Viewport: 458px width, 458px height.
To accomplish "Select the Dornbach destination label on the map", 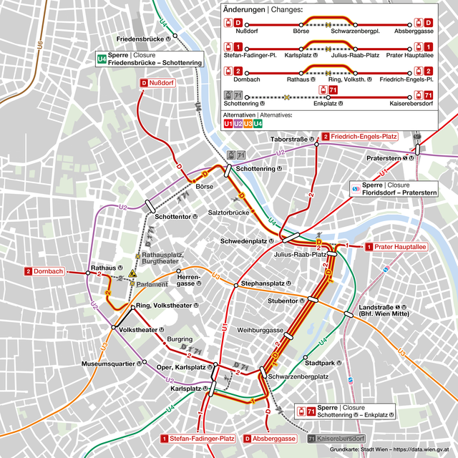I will (44, 272).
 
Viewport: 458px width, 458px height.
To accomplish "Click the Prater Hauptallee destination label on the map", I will (396, 247).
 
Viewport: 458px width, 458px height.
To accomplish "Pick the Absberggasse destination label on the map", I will (270, 438).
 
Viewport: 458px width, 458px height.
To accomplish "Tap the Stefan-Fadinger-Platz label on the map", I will (198, 438).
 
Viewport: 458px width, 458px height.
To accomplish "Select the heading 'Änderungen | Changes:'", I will (263, 10).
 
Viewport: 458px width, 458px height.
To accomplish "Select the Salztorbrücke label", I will (228, 213).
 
